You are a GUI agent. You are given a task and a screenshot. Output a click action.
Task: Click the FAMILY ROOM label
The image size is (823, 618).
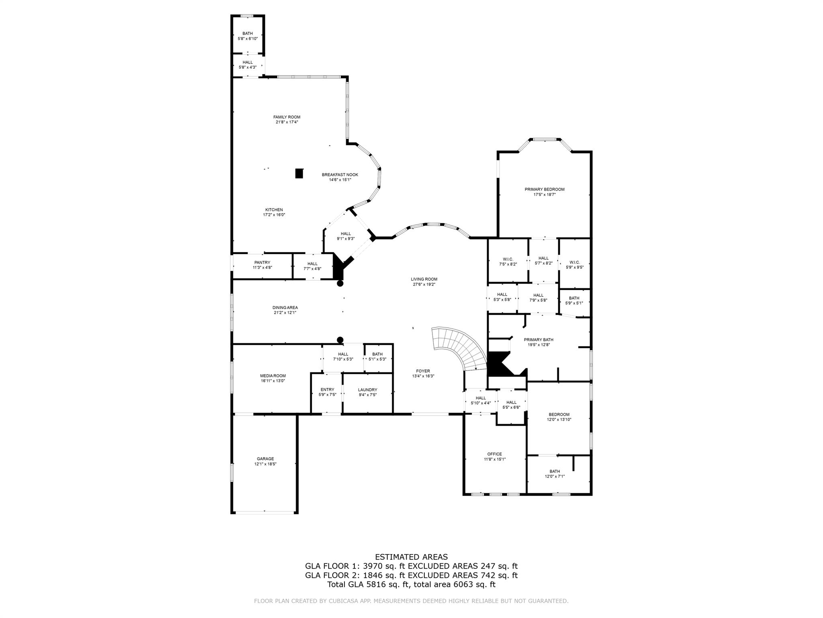click(x=287, y=117)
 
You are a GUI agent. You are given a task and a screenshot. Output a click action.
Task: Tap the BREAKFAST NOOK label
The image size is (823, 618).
click(x=340, y=175)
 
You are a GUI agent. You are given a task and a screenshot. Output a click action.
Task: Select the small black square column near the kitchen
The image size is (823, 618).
click(x=299, y=173)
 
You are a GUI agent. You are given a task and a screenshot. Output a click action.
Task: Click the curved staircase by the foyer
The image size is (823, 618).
click(x=458, y=346)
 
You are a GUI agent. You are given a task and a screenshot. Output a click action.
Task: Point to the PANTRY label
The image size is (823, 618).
click(x=262, y=262)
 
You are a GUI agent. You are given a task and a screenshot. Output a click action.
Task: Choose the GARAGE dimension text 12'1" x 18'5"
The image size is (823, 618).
click(x=265, y=464)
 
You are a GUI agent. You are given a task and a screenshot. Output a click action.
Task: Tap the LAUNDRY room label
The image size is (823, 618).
click(x=367, y=389)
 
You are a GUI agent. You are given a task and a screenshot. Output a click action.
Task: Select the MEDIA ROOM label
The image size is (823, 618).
click(x=272, y=376)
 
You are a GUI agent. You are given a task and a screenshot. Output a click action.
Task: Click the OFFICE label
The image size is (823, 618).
click(x=494, y=454)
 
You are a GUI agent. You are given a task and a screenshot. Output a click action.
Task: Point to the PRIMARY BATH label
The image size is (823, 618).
click(x=538, y=340)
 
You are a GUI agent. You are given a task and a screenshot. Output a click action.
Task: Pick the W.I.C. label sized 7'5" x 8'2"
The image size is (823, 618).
click(x=508, y=259)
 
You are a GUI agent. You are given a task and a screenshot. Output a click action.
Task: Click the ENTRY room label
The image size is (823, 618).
click(x=327, y=389)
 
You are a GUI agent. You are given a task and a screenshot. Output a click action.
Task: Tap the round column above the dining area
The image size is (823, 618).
click(x=340, y=284)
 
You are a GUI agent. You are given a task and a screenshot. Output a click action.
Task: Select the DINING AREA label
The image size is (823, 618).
click(x=285, y=307)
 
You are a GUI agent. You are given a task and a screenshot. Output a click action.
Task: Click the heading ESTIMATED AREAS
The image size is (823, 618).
click(x=411, y=557)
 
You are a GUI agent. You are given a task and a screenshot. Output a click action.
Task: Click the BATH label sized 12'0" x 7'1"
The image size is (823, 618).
click(x=555, y=471)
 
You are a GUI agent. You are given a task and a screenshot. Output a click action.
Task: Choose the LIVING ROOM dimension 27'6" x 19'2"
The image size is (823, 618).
click(x=424, y=284)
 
